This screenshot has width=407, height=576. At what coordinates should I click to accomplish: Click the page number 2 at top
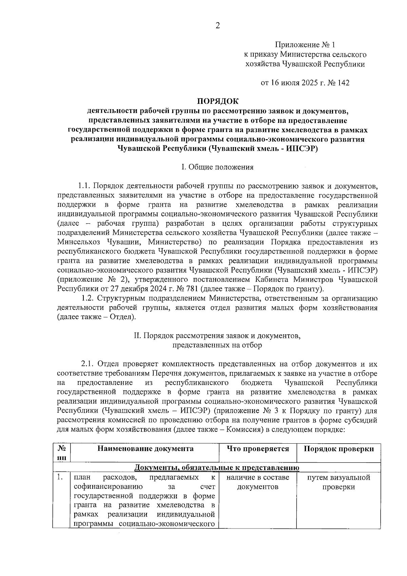(217, 26)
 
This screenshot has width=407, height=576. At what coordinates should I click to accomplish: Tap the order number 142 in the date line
(343, 83)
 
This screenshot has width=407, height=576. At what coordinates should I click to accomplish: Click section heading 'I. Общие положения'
(217, 167)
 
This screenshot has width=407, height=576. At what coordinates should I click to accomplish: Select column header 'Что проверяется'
(258, 449)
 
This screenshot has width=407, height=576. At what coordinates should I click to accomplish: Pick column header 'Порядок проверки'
(338, 449)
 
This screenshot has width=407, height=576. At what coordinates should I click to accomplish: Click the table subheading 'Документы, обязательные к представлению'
(217, 468)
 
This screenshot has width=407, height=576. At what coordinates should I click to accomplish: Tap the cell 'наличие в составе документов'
(258, 482)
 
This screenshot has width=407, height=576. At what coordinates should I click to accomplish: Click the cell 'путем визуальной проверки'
(338, 482)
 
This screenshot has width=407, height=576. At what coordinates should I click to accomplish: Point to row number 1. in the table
(60, 478)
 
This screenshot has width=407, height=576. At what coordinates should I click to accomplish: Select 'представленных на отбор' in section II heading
(217, 345)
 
